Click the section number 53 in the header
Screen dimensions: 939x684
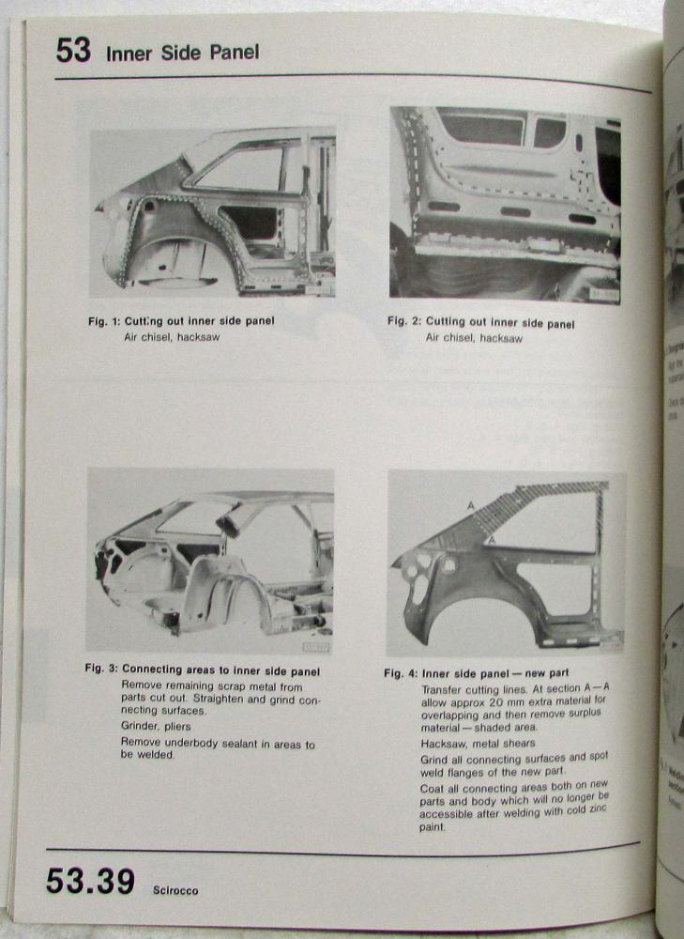click(73, 51)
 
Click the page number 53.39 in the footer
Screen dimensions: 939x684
click(90, 882)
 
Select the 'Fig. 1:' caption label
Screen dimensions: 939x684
click(102, 321)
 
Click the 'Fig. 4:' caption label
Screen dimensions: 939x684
click(401, 674)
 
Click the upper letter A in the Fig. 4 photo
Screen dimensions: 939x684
click(471, 505)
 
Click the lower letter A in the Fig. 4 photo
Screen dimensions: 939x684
click(490, 542)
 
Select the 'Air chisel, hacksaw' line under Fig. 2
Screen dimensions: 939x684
click(474, 337)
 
